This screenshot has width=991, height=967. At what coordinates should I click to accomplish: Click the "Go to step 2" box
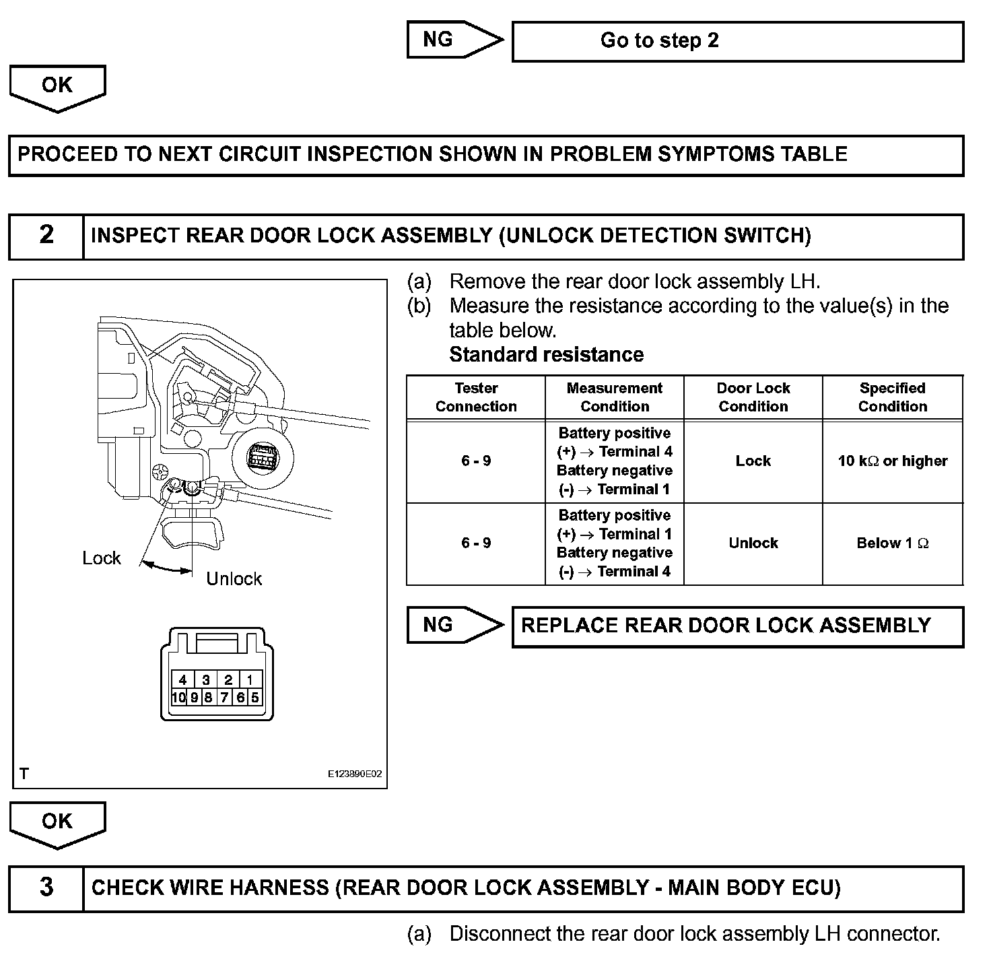click(x=738, y=41)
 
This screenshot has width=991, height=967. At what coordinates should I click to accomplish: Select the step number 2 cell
click(x=46, y=236)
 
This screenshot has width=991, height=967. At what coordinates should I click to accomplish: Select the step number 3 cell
click(x=46, y=888)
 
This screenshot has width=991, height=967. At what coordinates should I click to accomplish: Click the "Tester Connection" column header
click(x=476, y=397)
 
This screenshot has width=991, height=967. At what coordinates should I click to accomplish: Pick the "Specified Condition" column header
click(x=893, y=397)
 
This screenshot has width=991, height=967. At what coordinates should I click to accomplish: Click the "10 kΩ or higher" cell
click(x=893, y=461)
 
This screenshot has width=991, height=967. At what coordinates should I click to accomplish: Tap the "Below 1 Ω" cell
click(x=893, y=543)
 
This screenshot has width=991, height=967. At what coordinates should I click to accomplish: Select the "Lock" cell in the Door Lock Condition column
click(x=753, y=461)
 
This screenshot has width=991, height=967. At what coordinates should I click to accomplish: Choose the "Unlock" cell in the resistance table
click(x=753, y=543)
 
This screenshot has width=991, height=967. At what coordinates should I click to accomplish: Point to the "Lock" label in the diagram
click(x=102, y=558)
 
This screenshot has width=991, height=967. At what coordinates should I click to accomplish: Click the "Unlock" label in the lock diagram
click(x=234, y=579)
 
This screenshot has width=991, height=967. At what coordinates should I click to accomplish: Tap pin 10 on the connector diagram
click(x=178, y=698)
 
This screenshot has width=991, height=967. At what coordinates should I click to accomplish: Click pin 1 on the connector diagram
click(x=250, y=680)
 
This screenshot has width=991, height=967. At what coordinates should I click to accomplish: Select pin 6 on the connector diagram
click(x=240, y=698)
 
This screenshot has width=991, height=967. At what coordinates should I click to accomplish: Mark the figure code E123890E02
click(x=355, y=774)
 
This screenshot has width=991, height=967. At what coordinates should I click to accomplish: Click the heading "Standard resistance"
click(x=546, y=355)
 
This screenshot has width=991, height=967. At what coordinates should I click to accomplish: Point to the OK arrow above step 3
click(x=57, y=824)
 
